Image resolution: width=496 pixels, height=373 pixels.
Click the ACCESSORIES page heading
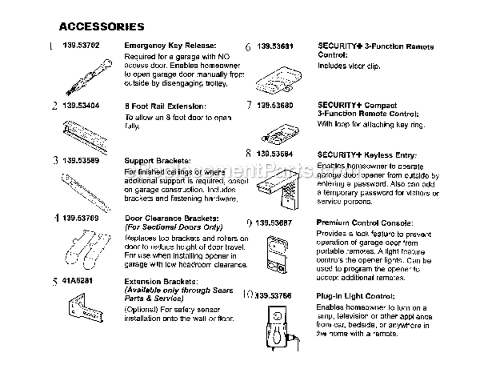[x=101, y=26]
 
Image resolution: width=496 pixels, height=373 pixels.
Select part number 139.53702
[x=81, y=45]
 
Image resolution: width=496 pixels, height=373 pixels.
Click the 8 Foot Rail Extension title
[x=164, y=106]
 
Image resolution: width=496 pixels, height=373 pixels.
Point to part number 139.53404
[x=81, y=105]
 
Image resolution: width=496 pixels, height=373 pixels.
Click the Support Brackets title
[x=157, y=161]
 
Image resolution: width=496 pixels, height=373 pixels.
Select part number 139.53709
[x=81, y=217]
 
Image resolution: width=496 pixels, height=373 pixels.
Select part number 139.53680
[x=275, y=105]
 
